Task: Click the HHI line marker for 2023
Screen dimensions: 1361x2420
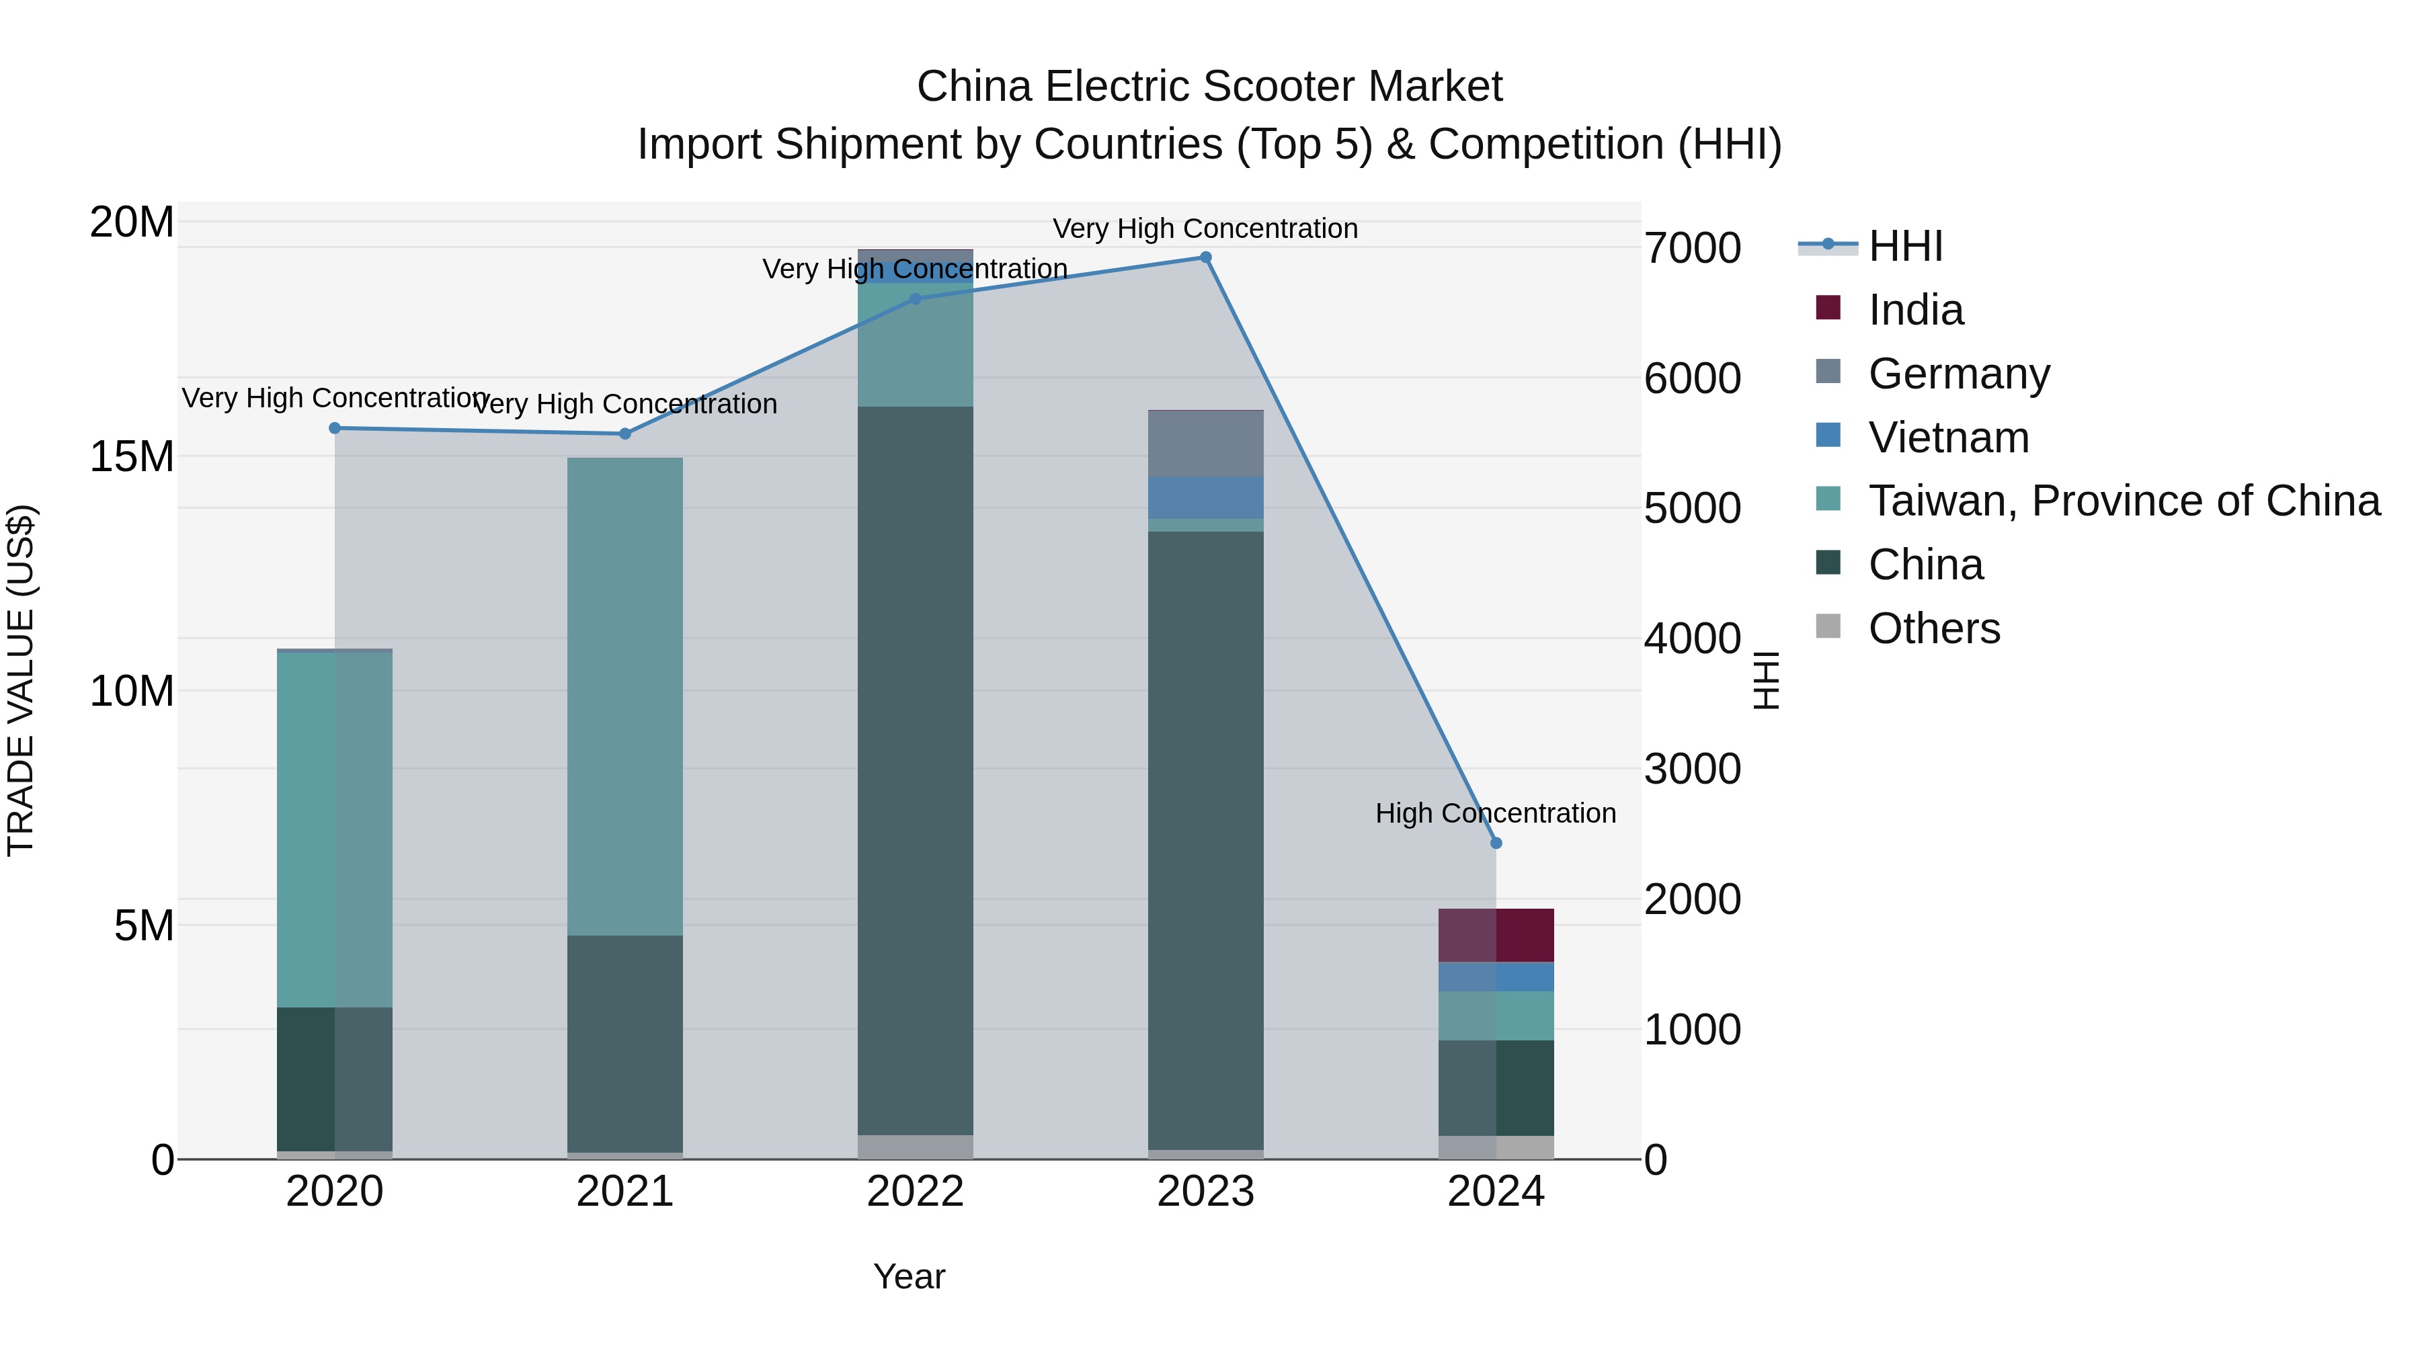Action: (x=1205, y=257)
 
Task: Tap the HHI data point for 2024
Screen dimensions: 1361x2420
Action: (x=1496, y=843)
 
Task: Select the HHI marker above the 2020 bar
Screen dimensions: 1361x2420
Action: (x=335, y=428)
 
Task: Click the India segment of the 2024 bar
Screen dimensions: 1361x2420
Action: (x=1496, y=935)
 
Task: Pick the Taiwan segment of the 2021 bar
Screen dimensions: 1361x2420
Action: (x=624, y=695)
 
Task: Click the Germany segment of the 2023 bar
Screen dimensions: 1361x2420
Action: (x=1205, y=444)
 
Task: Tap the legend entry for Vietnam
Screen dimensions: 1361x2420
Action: (x=1947, y=438)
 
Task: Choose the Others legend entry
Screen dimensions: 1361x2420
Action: (x=1933, y=628)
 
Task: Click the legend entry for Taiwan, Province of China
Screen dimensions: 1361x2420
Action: (x=2123, y=501)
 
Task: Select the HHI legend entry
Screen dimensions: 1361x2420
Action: (x=1904, y=246)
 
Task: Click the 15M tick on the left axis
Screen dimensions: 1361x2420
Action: (x=132, y=456)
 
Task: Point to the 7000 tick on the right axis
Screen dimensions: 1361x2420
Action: (x=1692, y=248)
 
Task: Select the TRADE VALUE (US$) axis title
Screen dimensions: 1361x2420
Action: (x=21, y=680)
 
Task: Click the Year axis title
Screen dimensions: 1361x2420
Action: (x=908, y=1276)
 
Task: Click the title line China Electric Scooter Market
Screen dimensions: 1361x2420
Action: (x=1209, y=87)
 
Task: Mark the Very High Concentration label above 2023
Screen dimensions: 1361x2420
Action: (x=1205, y=229)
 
